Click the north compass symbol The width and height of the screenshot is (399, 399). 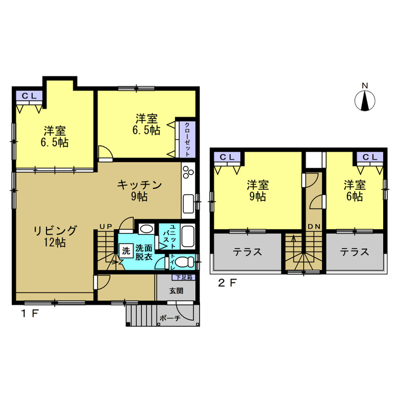pyautogui.click(x=365, y=100)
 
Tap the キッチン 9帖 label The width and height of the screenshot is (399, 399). pyautogui.click(x=140, y=190)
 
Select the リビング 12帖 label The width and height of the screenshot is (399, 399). pyautogui.click(x=56, y=237)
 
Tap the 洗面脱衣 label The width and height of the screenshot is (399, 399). pyautogui.click(x=144, y=251)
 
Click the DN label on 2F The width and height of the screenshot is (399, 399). pyautogui.click(x=313, y=227)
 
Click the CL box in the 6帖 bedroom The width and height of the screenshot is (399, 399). pyautogui.click(x=370, y=157)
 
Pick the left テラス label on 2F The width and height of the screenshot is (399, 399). pyautogui.click(x=248, y=252)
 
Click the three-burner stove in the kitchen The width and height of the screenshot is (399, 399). pyautogui.click(x=187, y=172)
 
